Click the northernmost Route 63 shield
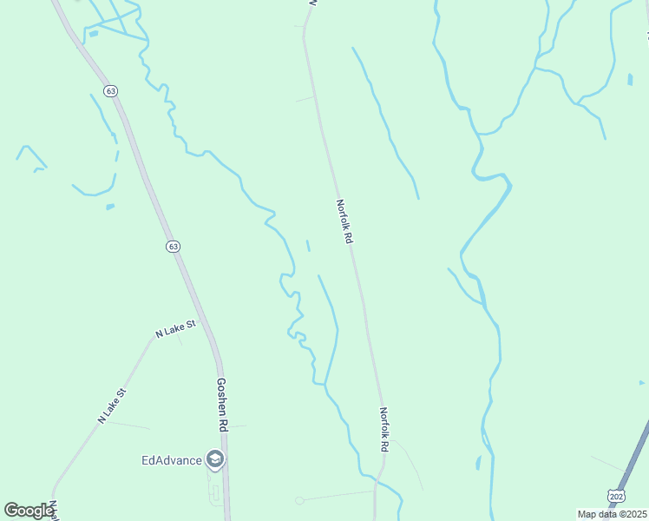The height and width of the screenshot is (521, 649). pos(109,90)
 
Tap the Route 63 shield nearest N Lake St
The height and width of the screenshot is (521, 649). pos(174,247)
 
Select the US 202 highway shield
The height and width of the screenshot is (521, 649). pos(616,496)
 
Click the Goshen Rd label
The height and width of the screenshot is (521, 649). pos(222,405)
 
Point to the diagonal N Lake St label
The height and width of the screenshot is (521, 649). pos(112,406)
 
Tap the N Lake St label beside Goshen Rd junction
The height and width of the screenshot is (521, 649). pos(176,327)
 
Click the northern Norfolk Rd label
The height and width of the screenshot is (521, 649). pos(345,221)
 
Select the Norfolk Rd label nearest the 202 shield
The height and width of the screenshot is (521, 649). pos(383,429)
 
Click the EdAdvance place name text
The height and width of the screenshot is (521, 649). pos(171,459)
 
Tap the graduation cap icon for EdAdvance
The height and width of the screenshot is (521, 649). pos(215,459)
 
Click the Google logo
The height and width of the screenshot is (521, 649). pos(28,510)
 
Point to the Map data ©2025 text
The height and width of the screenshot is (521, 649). pos(613,514)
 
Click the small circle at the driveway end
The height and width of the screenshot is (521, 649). pos(299,500)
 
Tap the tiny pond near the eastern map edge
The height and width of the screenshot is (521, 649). pos(630,80)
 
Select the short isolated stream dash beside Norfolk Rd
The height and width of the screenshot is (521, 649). pos(308,246)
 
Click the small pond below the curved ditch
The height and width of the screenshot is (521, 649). pos(109,207)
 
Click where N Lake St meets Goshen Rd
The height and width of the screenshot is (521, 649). pos(199,321)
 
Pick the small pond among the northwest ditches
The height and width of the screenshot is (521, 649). pos(92,34)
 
